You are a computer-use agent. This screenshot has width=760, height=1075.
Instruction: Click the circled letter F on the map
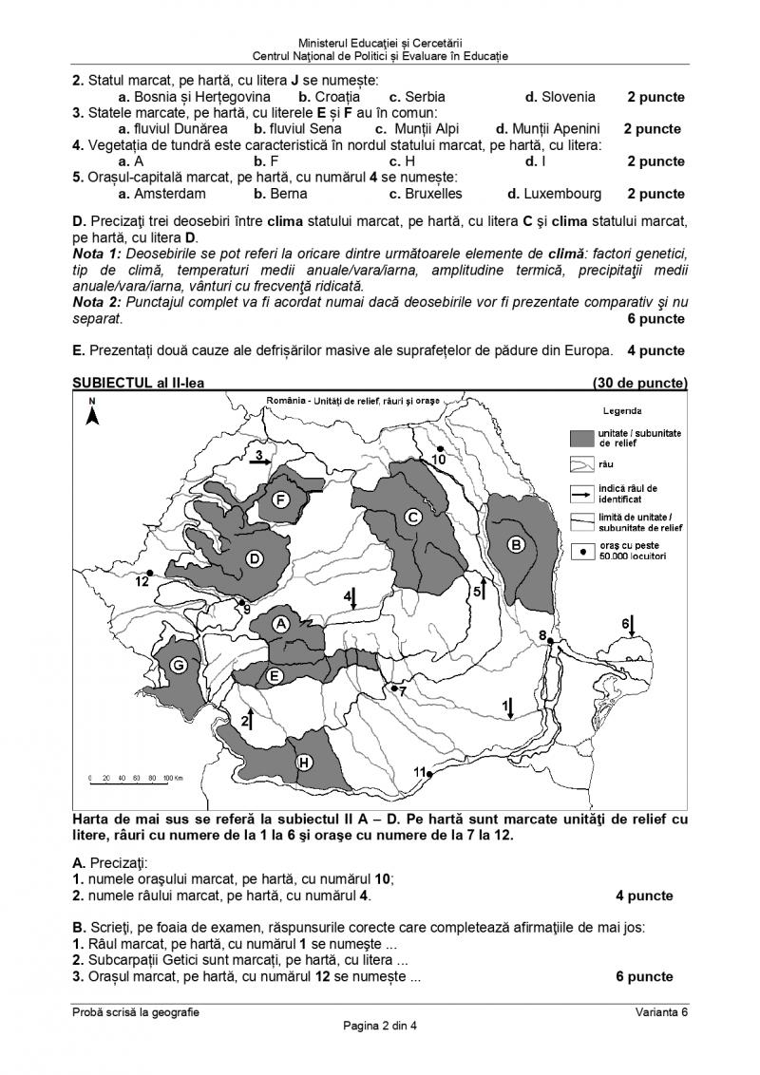280,500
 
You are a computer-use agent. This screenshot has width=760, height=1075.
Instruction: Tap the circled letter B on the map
516,545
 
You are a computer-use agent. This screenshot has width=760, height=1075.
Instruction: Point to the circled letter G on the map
178,666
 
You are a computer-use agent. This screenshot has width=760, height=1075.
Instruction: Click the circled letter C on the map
413,517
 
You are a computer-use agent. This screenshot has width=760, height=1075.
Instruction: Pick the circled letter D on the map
254,558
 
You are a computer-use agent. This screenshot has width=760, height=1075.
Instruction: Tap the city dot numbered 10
440,448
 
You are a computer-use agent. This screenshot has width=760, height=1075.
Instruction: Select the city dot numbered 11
429,774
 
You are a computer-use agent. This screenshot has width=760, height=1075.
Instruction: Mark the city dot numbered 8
551,643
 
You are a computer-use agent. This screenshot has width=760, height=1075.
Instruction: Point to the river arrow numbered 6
632,627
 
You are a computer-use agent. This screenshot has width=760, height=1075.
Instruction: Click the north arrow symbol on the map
92,415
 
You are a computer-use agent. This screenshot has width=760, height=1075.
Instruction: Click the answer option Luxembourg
555,194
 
